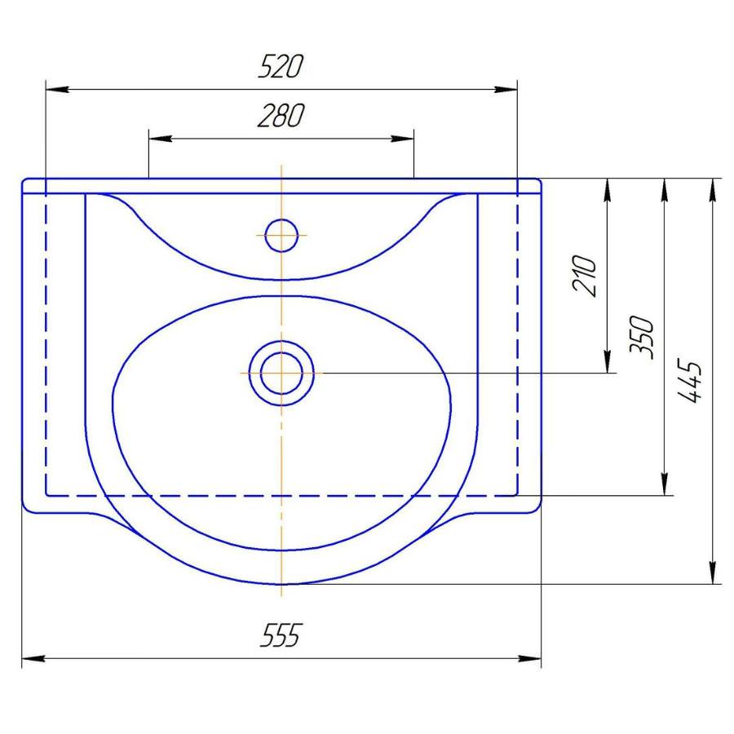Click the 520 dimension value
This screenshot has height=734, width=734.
pos(281,66)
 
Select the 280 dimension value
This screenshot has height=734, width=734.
pos(281,116)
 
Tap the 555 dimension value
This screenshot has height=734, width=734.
pos(280,635)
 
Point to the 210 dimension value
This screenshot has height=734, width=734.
pos(585,276)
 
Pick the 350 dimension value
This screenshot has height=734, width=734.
pos(642,337)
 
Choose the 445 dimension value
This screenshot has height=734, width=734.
pos(690,381)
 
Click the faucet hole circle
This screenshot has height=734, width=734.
pos(281,235)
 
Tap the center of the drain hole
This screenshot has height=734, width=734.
pos(281,373)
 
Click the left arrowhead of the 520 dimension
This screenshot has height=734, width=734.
pos(57,89)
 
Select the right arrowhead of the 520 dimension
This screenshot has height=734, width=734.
pos(506,89)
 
